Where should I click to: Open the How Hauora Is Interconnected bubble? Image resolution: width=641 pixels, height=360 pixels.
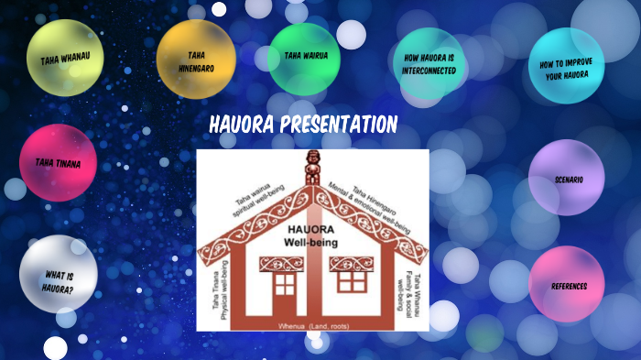pyautogui.click(x=429, y=63)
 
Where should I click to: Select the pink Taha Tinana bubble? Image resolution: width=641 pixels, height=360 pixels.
pyautogui.click(x=58, y=163)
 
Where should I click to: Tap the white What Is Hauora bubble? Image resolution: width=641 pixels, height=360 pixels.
pyautogui.click(x=58, y=275)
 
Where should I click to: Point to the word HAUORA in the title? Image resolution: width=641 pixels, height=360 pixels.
pyautogui.click(x=239, y=124)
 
